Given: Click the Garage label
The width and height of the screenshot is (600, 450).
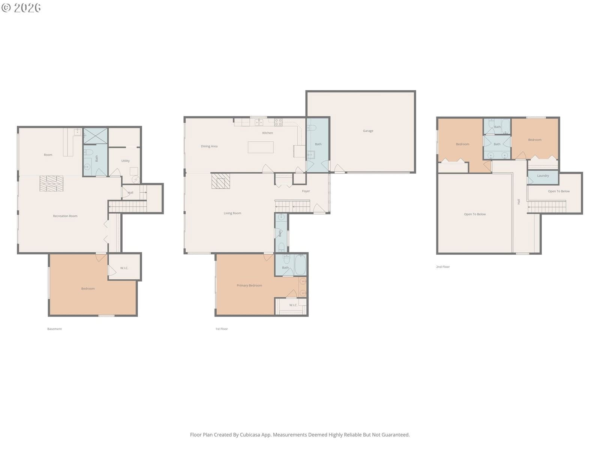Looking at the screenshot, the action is click(368, 131).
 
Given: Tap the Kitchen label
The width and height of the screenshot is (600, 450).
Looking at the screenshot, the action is click(267, 133).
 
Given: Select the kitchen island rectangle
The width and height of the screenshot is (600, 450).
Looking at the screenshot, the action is click(261, 147).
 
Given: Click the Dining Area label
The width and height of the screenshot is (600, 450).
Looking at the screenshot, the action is click(209, 147).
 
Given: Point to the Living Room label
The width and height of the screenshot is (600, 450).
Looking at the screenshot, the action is click(232, 213).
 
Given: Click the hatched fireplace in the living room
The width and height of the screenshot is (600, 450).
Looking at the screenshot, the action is click(220, 181).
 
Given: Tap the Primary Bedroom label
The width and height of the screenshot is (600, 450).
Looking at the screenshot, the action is click(249, 285).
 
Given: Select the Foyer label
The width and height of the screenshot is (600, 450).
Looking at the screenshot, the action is click(306, 191).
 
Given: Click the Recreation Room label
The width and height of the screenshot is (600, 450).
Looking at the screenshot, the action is click(65, 216).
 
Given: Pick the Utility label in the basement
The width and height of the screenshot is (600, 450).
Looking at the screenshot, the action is click(126, 161).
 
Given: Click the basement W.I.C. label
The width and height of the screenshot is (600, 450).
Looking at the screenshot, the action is click(124, 268).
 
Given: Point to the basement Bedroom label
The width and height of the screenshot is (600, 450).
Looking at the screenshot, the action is click(88, 289).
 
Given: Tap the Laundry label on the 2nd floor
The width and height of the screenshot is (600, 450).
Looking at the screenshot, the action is click(543, 175).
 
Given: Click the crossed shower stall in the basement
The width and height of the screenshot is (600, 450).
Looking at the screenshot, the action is click(95, 135).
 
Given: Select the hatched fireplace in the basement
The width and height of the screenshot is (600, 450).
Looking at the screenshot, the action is click(51, 183).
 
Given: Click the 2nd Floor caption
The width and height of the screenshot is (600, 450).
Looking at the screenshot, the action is click(443, 267).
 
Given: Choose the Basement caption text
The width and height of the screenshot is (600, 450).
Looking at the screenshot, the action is click(54, 329).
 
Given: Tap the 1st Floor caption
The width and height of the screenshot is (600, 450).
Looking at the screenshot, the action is click(221, 329).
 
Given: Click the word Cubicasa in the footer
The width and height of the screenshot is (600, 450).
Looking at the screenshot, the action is click(250, 435).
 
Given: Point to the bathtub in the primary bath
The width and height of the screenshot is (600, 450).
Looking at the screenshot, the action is click(300, 264).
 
